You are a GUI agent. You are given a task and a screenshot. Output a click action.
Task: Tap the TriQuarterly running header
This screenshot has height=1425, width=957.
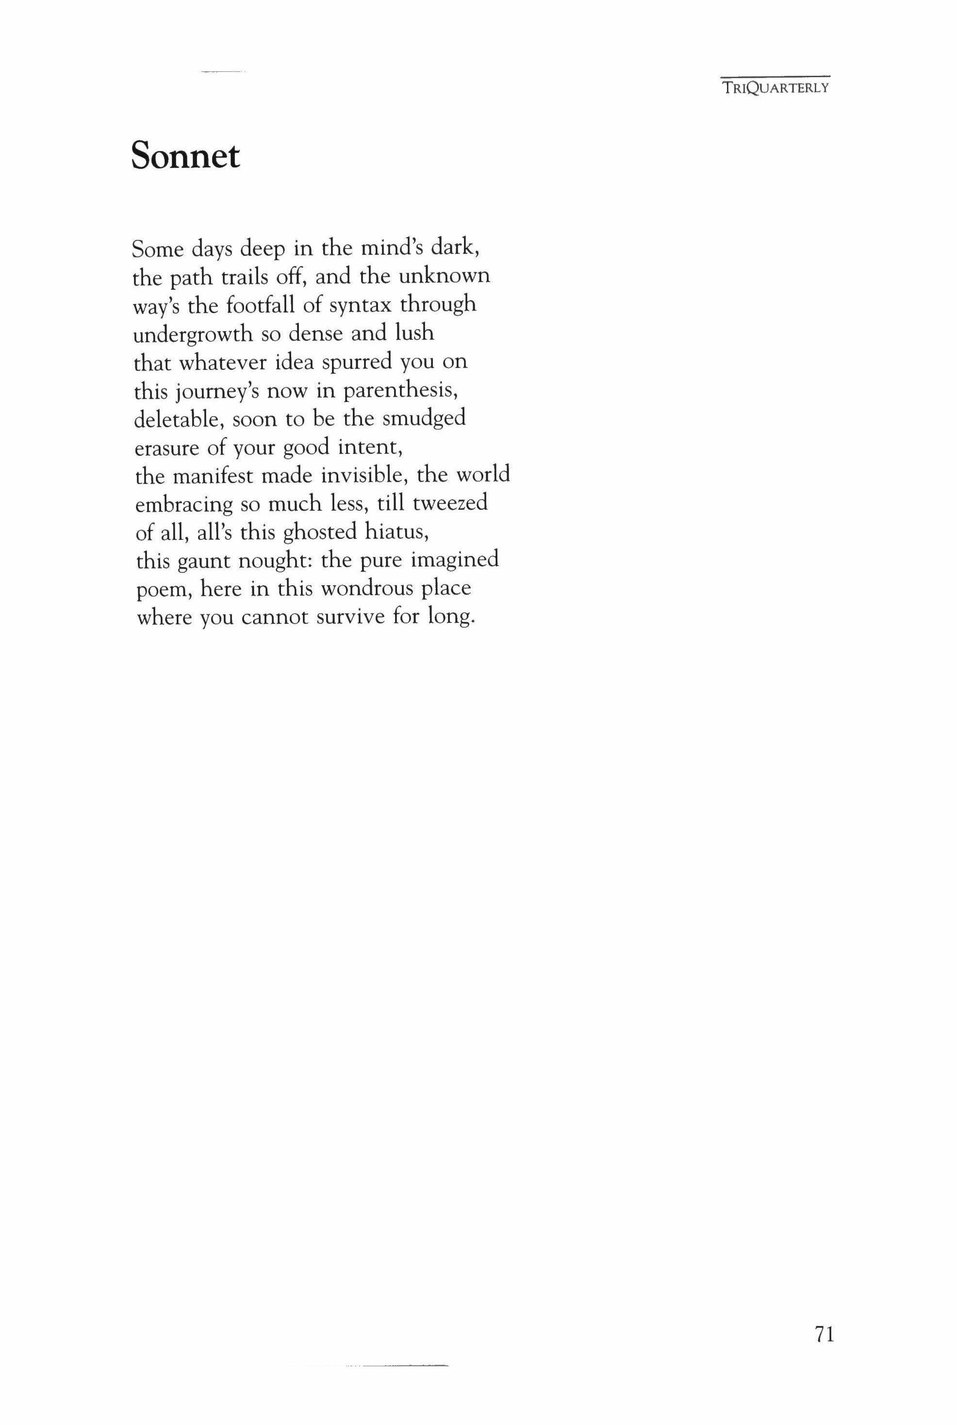(775, 87)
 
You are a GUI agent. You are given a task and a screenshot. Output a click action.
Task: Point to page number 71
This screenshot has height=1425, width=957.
(824, 1335)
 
